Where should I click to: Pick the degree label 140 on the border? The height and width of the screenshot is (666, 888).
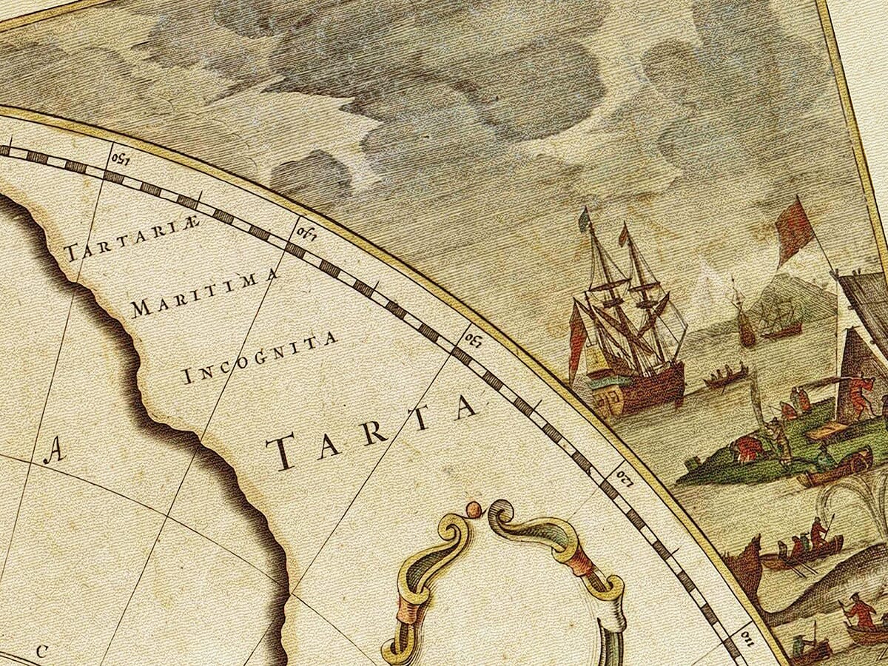[x=306, y=233]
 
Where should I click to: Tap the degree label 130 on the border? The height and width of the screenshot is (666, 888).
[x=474, y=339]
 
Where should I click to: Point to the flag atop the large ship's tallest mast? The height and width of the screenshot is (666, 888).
[x=585, y=218]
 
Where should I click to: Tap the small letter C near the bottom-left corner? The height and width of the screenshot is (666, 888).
[x=41, y=651]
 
